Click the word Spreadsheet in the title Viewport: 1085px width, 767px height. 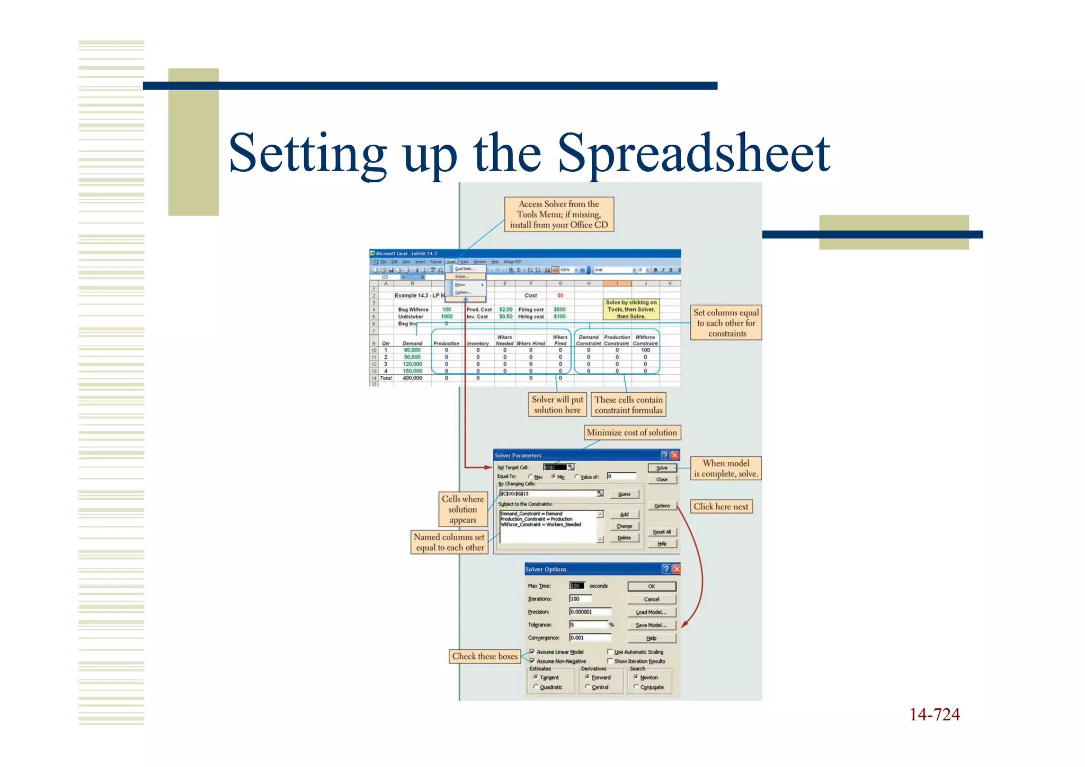693,154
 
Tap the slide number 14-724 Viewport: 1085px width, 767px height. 934,715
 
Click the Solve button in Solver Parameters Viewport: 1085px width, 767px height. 662,468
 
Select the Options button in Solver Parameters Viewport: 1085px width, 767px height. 662,506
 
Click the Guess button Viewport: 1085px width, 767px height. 624,494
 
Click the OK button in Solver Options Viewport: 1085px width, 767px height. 651,586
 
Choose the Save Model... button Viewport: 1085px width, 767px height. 651,625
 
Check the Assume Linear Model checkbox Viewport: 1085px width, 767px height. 532,652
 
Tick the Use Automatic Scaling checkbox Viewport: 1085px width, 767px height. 610,652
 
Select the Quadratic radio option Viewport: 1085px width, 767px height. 536,687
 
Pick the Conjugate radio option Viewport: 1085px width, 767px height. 636,687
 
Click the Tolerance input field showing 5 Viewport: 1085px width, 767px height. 588,625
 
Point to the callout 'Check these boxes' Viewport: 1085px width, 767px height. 485,656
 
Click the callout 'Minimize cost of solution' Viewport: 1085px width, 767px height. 632,433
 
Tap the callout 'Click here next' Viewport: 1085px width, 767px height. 721,507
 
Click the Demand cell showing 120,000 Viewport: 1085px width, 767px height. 412,364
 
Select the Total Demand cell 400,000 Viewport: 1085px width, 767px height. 412,378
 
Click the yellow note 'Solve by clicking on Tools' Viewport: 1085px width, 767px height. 631,310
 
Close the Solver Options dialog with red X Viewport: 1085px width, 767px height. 676,569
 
